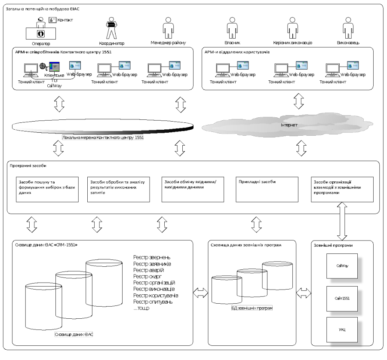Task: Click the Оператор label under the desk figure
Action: point(41,43)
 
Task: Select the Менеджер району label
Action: point(168,43)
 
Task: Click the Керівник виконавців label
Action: point(292,43)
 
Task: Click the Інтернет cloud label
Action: point(289,125)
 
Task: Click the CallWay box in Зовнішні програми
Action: point(342,266)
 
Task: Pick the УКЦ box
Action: point(342,329)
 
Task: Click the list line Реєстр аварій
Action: point(148,270)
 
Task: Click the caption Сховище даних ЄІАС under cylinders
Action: point(74,334)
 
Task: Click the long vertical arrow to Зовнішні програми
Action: point(342,221)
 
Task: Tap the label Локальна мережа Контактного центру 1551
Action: point(103,138)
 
